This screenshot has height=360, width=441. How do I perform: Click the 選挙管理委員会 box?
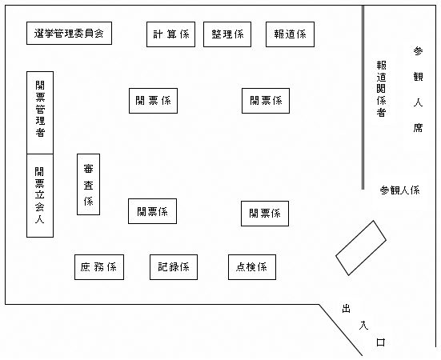point(69,33)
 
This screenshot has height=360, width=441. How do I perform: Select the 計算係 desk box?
point(170,34)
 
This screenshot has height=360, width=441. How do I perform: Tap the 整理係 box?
point(227,34)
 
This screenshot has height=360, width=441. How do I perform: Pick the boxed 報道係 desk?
point(290,34)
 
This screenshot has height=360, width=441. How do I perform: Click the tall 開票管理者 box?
point(40,113)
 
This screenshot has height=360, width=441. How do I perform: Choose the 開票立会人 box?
point(40,195)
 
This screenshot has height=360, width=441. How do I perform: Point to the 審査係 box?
point(88,184)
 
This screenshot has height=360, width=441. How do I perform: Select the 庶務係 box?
point(99,267)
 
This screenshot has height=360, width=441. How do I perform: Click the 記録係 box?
point(174,267)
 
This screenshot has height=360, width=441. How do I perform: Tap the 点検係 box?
point(252,267)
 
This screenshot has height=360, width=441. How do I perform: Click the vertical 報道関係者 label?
point(381,89)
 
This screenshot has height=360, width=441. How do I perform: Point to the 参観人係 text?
point(399,190)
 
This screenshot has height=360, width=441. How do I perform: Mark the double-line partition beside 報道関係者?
point(363,98)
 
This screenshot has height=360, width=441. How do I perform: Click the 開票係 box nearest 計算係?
point(154,101)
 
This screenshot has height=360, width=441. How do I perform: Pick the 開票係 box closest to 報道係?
point(266,101)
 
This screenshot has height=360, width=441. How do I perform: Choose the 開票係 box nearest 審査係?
point(152,211)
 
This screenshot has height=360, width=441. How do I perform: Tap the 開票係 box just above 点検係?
point(265,214)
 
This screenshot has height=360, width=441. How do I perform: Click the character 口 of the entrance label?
point(380,342)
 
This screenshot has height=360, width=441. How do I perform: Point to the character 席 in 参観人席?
point(418,128)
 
